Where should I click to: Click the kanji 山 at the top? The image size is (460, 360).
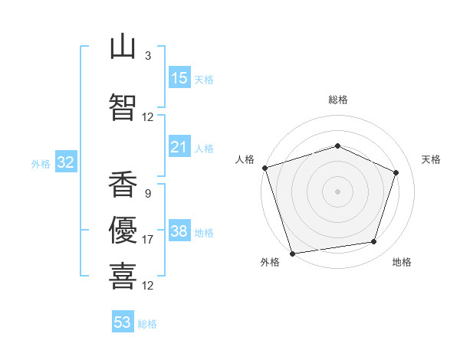point(123,48)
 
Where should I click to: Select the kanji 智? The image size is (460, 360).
point(123,107)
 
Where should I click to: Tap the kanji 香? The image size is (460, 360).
point(123,184)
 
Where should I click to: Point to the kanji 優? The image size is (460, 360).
point(123,230)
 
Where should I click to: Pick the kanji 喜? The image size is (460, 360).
point(123,276)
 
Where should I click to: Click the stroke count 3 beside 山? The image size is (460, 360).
point(148,55)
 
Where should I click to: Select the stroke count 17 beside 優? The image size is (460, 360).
point(147,240)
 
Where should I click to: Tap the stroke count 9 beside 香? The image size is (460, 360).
point(148,194)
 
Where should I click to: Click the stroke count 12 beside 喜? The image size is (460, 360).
point(147,285)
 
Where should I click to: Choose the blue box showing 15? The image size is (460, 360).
point(179,77)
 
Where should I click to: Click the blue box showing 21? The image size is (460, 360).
point(179,146)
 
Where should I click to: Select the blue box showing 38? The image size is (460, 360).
point(179,230)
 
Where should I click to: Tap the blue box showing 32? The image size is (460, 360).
point(66,162)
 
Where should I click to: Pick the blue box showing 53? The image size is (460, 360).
point(123,321)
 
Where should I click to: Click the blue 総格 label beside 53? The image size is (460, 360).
point(147,324)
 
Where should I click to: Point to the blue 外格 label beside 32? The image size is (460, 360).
point(41,164)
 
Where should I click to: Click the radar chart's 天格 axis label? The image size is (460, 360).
point(431,159)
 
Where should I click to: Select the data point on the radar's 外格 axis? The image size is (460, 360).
point(292,254)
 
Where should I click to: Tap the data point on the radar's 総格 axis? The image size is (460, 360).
point(337,146)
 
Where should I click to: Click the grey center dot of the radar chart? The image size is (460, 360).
point(337,191)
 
